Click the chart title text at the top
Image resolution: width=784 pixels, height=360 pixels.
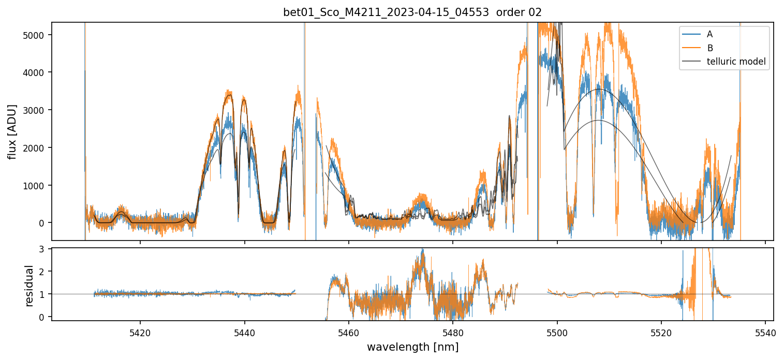[412, 12]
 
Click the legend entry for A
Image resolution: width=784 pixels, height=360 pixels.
[709, 34]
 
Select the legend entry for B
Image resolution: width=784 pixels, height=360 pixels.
[710, 48]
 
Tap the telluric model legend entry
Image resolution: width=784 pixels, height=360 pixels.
[736, 62]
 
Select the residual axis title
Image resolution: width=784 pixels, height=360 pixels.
[30, 286]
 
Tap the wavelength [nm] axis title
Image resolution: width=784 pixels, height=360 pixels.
[412, 347]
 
